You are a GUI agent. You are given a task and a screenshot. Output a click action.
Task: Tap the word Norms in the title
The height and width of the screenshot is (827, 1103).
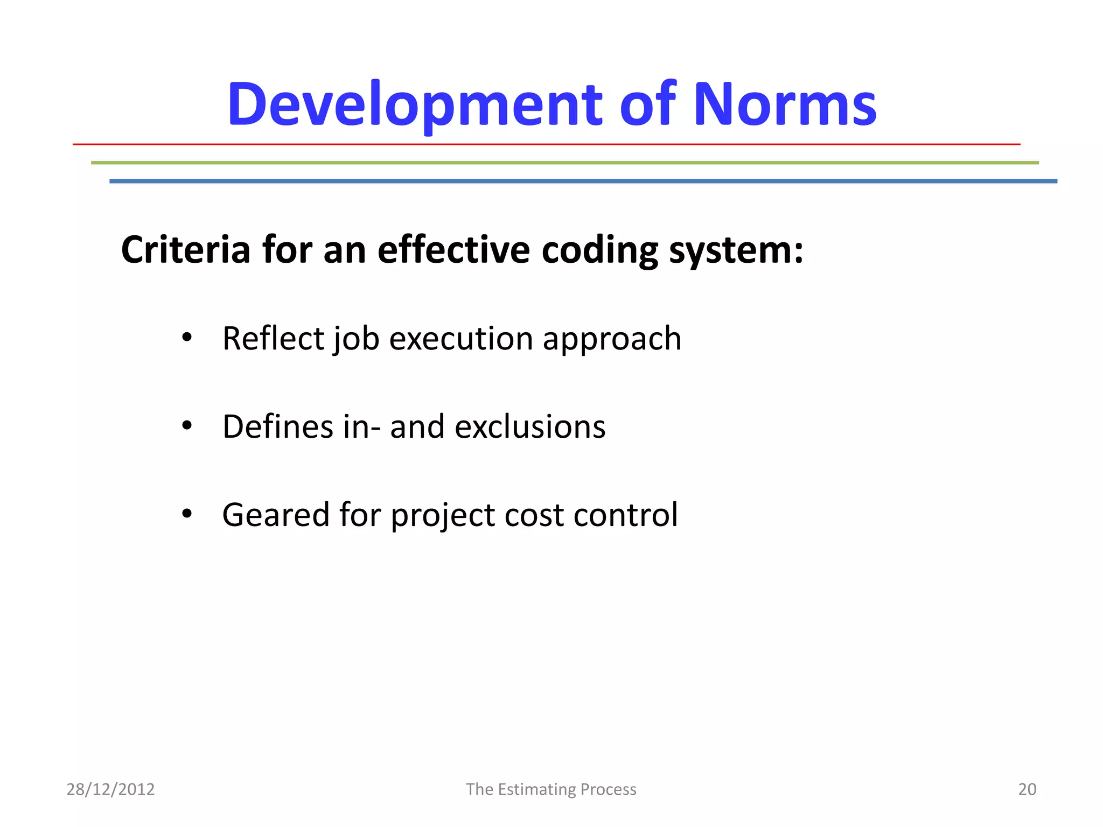[785, 105]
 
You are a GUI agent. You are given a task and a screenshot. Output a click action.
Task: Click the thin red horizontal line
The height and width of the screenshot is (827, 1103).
[546, 144]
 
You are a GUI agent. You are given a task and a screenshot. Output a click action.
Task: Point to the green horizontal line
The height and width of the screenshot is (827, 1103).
[564, 163]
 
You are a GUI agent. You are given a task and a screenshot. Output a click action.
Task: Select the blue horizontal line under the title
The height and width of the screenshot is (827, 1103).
[583, 181]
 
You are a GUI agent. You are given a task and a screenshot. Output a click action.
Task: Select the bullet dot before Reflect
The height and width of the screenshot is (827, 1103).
[187, 338]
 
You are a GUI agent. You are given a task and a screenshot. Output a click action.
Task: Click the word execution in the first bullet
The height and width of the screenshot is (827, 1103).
[461, 339]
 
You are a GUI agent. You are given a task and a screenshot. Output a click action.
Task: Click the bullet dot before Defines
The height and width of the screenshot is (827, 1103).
[187, 426]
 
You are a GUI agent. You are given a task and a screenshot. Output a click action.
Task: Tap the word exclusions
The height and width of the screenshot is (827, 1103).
[530, 427]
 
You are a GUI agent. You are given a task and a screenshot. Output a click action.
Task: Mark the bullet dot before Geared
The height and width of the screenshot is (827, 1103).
[187, 514]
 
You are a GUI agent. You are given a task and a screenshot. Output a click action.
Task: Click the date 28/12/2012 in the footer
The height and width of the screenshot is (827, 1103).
[110, 789]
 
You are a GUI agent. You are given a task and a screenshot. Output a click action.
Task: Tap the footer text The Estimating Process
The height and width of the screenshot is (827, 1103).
[551, 789]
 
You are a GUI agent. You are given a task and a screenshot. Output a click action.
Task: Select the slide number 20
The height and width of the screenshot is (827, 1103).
[1027, 789]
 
